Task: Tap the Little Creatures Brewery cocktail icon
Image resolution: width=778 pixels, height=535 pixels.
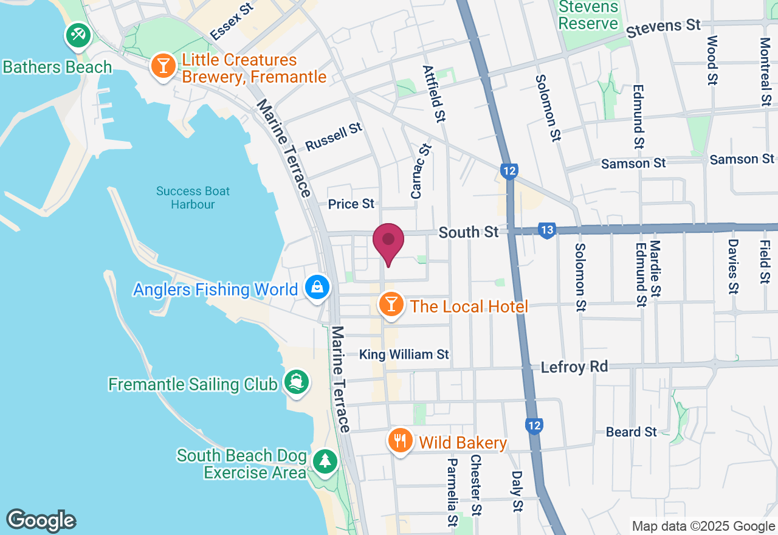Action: pyautogui.click(x=163, y=65)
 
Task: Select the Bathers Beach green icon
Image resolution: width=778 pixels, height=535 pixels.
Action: pyautogui.click(x=78, y=35)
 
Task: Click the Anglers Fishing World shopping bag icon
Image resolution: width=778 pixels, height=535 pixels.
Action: pyautogui.click(x=317, y=288)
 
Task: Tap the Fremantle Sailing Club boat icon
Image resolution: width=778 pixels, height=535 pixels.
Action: pyautogui.click(x=296, y=382)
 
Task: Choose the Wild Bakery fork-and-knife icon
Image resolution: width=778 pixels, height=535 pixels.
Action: pyautogui.click(x=399, y=440)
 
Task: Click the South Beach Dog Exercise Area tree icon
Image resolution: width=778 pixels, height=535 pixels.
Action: pyautogui.click(x=325, y=461)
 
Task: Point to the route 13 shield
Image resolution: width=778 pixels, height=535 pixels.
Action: pyautogui.click(x=546, y=230)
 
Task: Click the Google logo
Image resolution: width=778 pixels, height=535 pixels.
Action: pyautogui.click(x=41, y=520)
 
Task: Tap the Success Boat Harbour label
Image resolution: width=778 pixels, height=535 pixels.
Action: pyautogui.click(x=193, y=198)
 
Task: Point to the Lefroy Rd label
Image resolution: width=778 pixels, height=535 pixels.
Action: pyautogui.click(x=574, y=367)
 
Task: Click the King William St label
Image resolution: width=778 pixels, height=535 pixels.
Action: pyautogui.click(x=404, y=354)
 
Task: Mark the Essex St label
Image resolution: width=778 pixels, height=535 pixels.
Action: pyautogui.click(x=232, y=20)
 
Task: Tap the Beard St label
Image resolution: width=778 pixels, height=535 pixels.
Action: pyautogui.click(x=632, y=432)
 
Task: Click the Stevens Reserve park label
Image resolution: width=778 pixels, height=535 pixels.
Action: pyautogui.click(x=588, y=16)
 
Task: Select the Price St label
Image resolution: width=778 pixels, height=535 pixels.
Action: pyautogui.click(x=351, y=204)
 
